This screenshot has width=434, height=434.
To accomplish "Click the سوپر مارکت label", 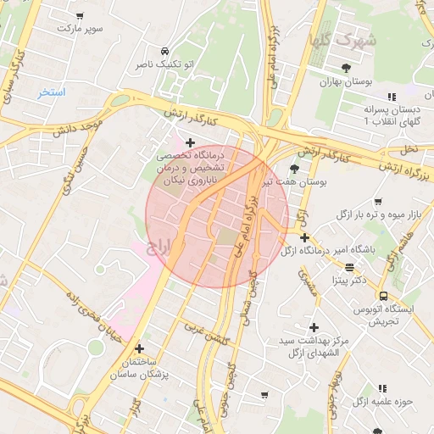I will click(x=79, y=28).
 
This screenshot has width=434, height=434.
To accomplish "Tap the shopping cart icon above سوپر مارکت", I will click(x=80, y=15).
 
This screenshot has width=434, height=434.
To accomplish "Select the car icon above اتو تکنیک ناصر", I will click(x=164, y=50).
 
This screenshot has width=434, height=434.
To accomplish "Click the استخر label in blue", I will click(x=52, y=92).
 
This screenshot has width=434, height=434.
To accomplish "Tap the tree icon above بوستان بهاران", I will click(x=346, y=68).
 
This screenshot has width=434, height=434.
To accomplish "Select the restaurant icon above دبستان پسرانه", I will click(x=392, y=97).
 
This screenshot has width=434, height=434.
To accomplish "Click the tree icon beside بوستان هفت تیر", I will click(x=294, y=169).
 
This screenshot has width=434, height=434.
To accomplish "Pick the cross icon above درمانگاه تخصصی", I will click(x=190, y=142).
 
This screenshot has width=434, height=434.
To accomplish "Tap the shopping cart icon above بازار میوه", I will click(x=377, y=202).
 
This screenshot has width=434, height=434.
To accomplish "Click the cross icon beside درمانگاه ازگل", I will click(x=305, y=238).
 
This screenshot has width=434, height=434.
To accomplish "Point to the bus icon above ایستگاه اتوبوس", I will click(x=384, y=296).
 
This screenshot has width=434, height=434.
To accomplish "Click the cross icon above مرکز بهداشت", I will click(x=314, y=326).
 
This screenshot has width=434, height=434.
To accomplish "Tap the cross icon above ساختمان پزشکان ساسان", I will click(x=139, y=348).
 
